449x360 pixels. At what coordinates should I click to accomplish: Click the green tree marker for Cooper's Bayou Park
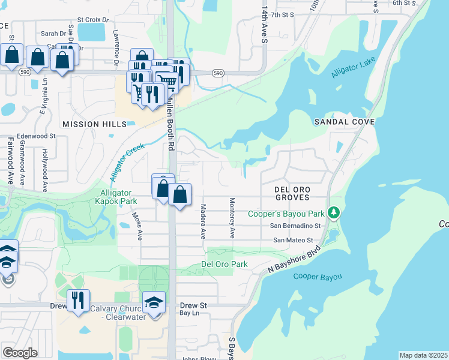tap(335, 213)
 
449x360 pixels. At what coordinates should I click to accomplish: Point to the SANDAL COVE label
tap(345, 122)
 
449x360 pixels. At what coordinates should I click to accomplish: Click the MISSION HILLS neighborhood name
tap(94, 124)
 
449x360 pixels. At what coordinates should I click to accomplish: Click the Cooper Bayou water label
tap(318, 277)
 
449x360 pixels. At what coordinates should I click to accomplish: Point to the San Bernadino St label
tap(295, 226)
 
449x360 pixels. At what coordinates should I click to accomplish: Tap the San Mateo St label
tap(293, 240)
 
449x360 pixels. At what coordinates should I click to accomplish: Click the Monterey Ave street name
tap(231, 218)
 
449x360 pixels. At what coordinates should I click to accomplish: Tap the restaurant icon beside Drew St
tap(78, 299)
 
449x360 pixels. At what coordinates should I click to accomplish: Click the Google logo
tap(20, 353)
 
